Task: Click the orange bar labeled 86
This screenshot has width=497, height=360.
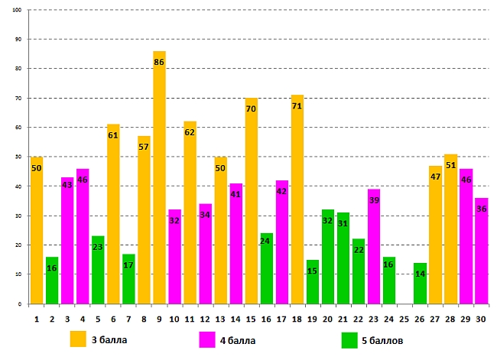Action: coord(159,183)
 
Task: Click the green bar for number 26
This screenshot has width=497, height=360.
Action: coord(420,284)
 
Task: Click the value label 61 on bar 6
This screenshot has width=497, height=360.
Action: coord(113,135)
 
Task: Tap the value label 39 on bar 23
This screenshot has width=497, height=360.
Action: coord(374,199)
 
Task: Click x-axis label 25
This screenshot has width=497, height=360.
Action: coord(404,318)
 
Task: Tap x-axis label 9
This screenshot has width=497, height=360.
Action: coord(159,318)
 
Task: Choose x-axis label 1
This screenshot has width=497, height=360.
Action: coord(37,318)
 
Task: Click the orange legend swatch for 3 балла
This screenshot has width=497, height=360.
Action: coord(79,339)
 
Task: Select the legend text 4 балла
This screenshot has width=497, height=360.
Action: coord(238,340)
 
